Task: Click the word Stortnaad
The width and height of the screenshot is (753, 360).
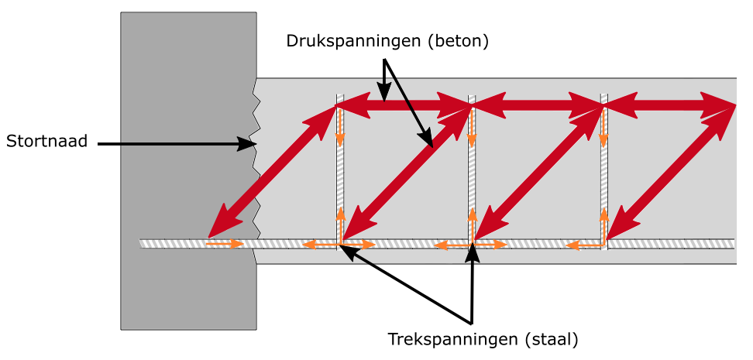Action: tap(47, 142)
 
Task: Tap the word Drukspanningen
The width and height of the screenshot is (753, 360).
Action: tap(352, 41)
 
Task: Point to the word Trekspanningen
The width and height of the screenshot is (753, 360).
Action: tap(453, 339)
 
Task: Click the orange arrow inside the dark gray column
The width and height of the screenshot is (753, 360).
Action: tap(225, 244)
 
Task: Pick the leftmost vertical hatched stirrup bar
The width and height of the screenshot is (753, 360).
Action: tap(340, 171)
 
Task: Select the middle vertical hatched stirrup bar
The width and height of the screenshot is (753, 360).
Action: tap(472, 171)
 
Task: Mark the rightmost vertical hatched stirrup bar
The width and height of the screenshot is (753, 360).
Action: tap(604, 171)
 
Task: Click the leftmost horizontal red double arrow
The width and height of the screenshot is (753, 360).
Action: tap(402, 105)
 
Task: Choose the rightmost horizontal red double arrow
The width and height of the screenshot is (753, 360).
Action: tap(669, 105)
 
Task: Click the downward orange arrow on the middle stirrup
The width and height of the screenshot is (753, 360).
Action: tap(472, 129)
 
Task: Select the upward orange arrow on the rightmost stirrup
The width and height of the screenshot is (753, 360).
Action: tap(604, 225)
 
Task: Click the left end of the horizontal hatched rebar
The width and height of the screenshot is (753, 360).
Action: tap(140, 243)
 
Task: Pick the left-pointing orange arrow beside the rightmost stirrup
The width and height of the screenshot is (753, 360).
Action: tap(584, 245)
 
